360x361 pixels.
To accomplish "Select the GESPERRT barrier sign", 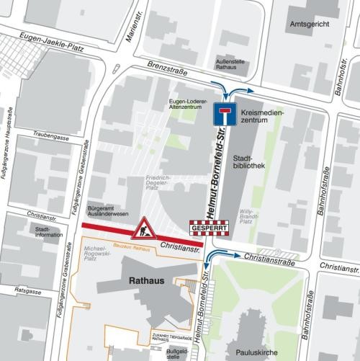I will [x=208, y=228].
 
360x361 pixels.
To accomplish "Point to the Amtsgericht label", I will [x=303, y=24].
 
